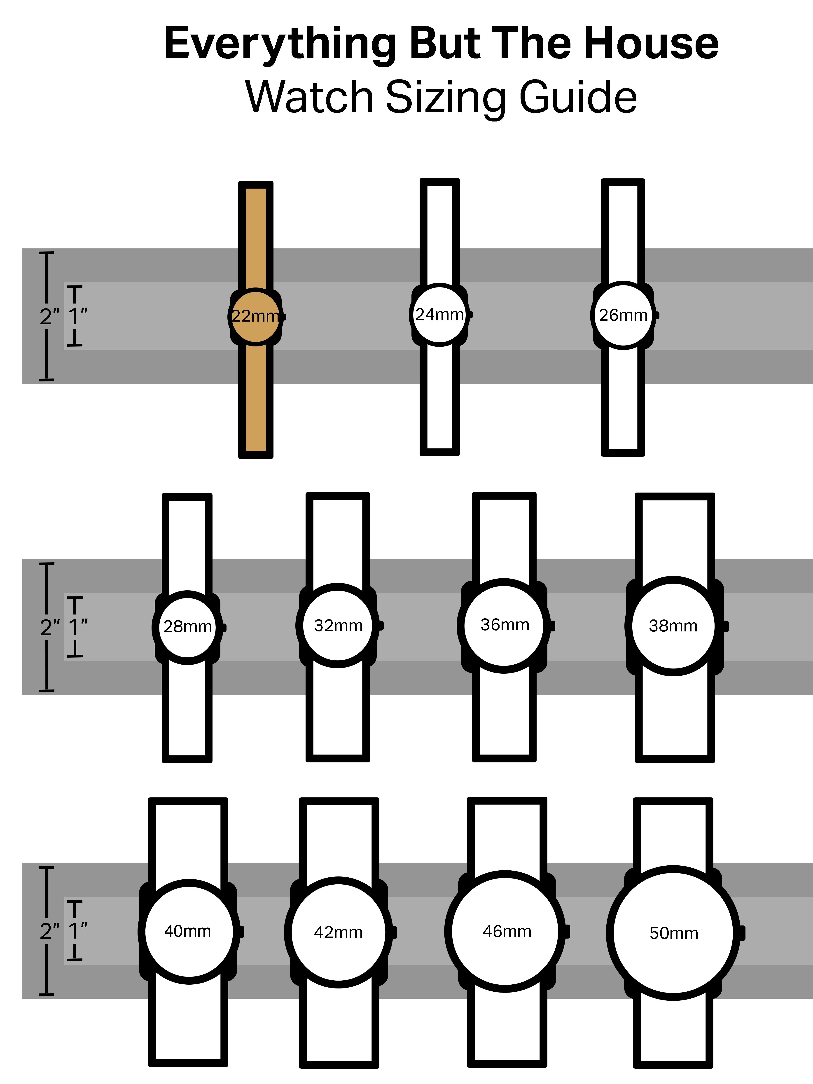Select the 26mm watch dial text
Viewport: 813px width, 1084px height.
(x=623, y=315)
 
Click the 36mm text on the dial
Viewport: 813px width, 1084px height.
(x=505, y=625)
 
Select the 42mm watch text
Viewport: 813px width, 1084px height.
(x=338, y=932)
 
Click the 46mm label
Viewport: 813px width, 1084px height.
(x=507, y=931)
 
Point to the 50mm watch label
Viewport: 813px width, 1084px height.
(x=674, y=933)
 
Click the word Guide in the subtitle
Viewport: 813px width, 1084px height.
(x=578, y=97)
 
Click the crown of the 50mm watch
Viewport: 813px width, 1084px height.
(x=742, y=933)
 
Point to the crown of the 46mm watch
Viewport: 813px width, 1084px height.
(x=567, y=931)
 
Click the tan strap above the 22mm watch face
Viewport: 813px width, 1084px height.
(x=255, y=235)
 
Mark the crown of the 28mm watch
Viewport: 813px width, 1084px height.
(x=224, y=627)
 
